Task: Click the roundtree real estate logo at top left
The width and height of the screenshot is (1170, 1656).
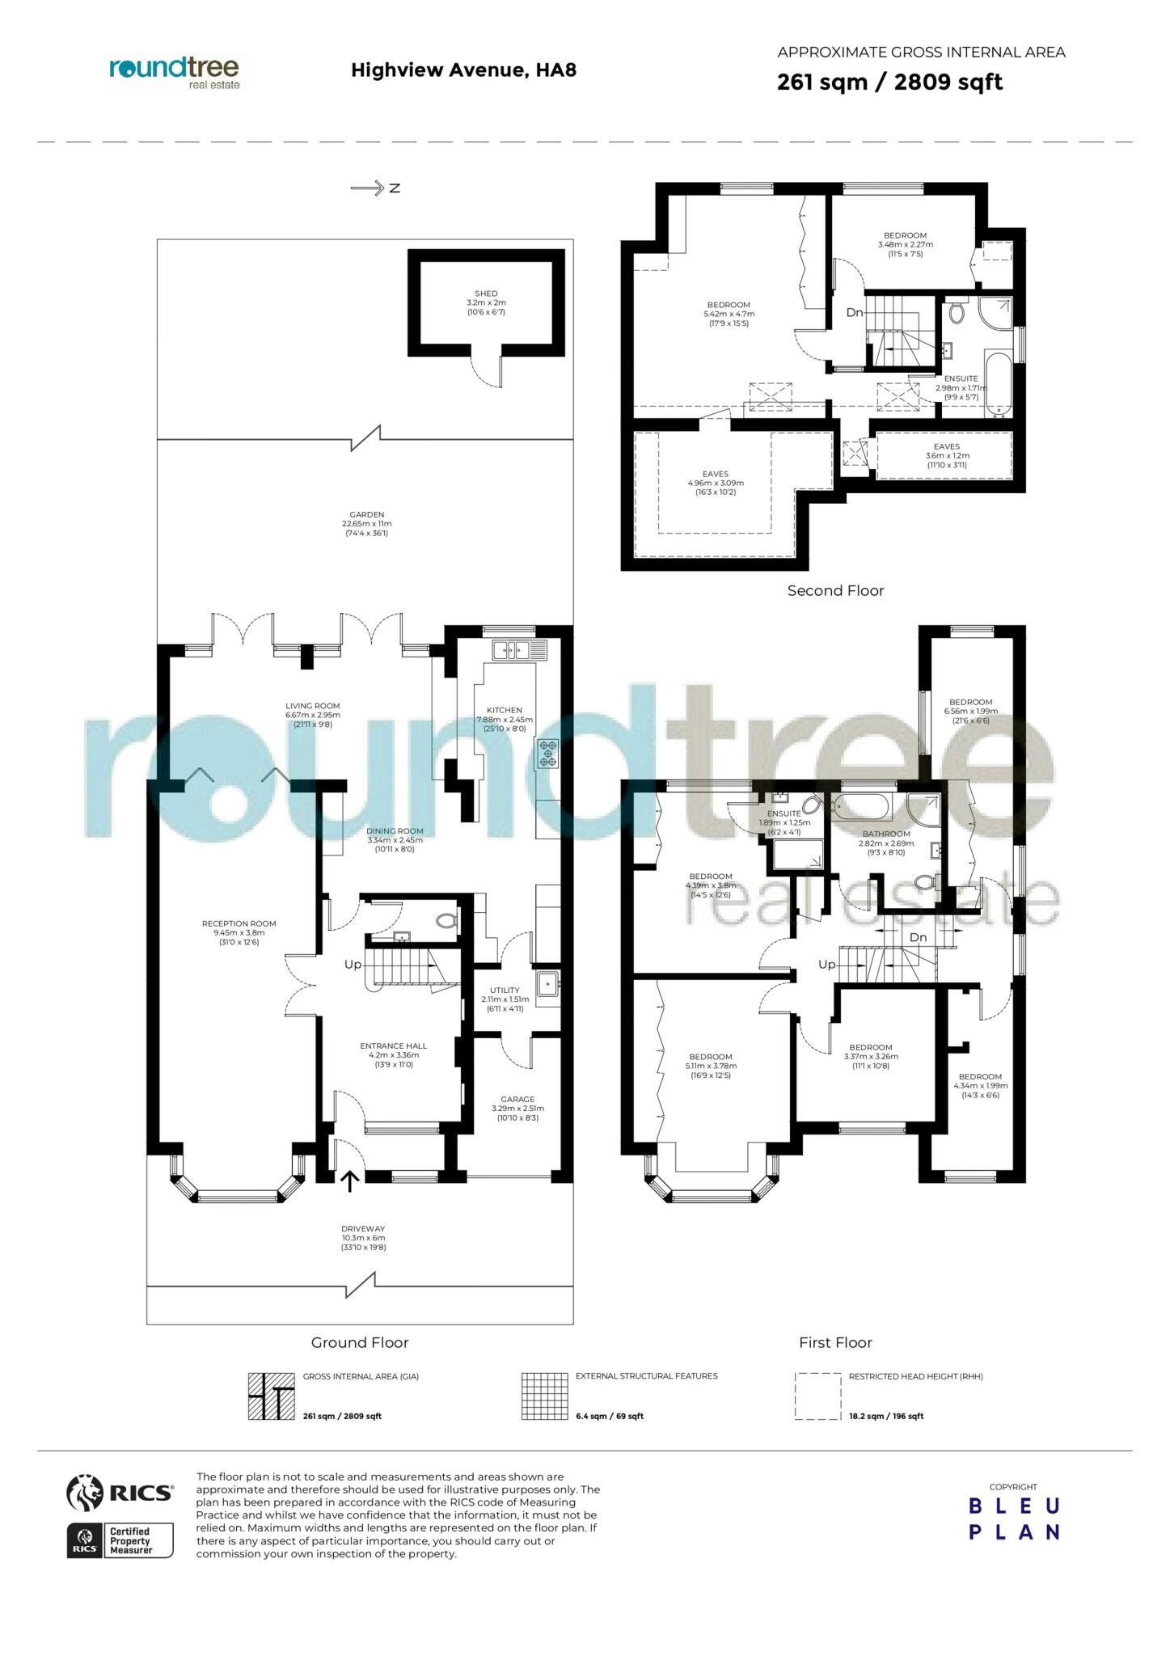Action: (174, 73)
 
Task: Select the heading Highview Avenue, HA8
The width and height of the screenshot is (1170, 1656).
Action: (463, 70)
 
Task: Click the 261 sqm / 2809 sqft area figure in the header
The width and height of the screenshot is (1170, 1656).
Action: (889, 82)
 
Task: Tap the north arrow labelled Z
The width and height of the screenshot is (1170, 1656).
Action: (376, 188)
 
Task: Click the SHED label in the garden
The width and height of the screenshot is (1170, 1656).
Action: (486, 294)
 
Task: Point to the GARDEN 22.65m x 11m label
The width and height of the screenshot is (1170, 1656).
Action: (366, 524)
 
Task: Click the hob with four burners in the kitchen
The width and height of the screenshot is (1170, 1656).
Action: (549, 753)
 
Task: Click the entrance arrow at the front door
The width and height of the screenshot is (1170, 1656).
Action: (349, 1181)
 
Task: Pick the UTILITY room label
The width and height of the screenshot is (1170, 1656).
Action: (505, 991)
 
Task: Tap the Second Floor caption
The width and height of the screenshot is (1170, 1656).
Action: (835, 591)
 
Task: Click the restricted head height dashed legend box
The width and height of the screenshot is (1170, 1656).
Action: (817, 1396)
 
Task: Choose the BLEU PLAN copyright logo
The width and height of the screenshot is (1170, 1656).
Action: (1014, 1519)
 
